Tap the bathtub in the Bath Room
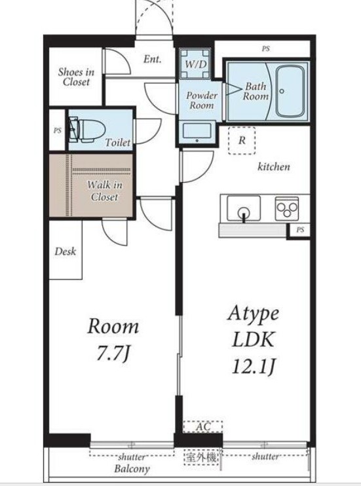pyautogui.click(x=290, y=92)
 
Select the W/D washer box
pyautogui.click(x=195, y=64)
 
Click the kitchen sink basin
pyautogui.click(x=244, y=208)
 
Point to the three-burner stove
pyautogui.click(x=287, y=208)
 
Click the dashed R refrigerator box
pyautogui.click(x=242, y=140)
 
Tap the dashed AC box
pyautogui.click(x=203, y=426)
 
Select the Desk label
pyautogui.click(x=65, y=252)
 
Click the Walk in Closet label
pyautogui.click(x=104, y=191)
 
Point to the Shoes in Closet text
pyautogui.click(x=76, y=77)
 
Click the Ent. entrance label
pyautogui.click(x=152, y=59)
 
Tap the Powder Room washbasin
pyautogui.click(x=197, y=132)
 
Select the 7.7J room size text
pyautogui.click(x=113, y=353)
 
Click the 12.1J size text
pyautogui.click(x=254, y=366)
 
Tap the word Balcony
pyautogui.click(x=132, y=469)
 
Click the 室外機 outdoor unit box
pyautogui.click(x=201, y=457)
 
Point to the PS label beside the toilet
pyautogui.click(x=58, y=130)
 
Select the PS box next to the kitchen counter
pyautogui.click(x=299, y=231)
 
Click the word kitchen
pyautogui.click(x=274, y=166)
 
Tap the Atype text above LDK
pyautogui.click(x=254, y=314)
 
